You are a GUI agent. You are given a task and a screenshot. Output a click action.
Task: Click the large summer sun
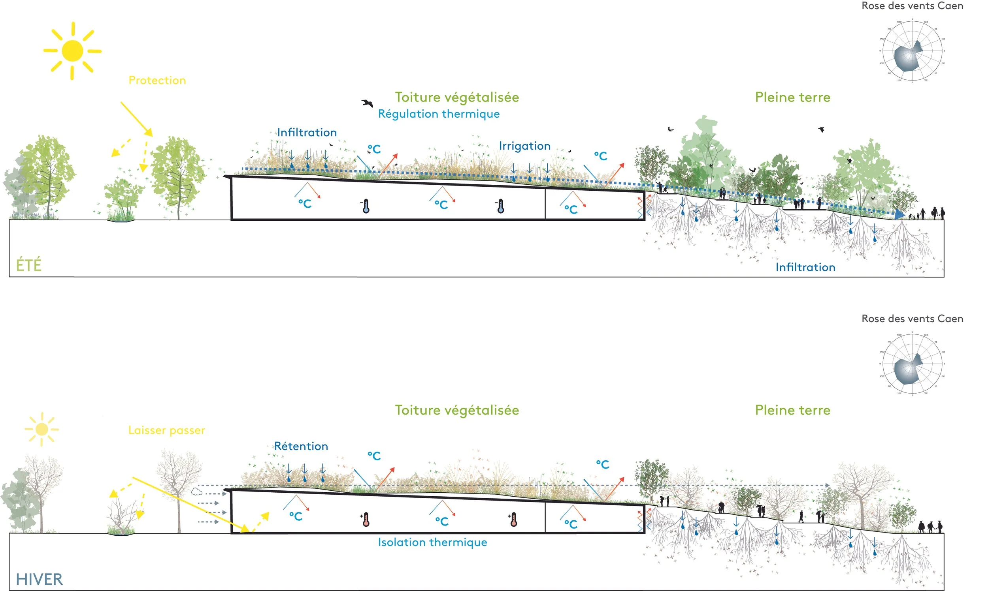73,51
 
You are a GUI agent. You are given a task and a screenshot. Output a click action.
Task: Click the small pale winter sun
41,429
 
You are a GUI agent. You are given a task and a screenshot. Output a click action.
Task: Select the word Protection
157,81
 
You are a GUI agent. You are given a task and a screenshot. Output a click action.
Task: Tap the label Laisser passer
167,430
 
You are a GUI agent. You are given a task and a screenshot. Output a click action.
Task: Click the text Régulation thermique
438,114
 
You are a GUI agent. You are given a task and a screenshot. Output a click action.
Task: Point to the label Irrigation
524,146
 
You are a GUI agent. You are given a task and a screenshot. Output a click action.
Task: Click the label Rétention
301,446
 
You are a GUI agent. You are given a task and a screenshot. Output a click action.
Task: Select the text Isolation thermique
432,542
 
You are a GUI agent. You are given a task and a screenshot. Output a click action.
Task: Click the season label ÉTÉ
29,265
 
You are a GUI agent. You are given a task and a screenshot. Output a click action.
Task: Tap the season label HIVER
39,579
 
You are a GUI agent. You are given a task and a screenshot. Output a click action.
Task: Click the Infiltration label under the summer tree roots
805,267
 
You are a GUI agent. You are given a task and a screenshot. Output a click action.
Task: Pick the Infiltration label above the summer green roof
307,132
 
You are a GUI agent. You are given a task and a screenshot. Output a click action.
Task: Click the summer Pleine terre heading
792,97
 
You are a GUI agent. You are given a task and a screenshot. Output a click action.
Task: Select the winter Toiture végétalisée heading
457,410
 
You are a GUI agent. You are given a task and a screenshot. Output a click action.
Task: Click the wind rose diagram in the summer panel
912,51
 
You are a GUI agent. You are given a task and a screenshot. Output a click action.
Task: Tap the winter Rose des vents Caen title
912,319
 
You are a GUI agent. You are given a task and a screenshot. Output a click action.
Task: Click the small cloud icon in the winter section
196,492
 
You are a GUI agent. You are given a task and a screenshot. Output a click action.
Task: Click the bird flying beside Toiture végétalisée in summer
367,103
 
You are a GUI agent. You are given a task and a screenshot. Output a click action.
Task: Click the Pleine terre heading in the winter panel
792,410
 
